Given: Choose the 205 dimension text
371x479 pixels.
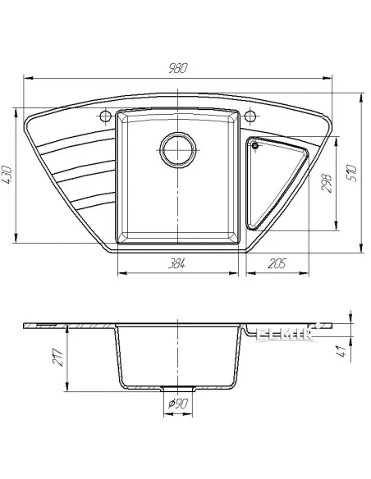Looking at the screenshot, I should click(276, 263).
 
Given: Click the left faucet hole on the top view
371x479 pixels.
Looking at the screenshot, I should click(105, 112).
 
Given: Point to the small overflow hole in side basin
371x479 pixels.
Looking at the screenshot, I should click(255, 147).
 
